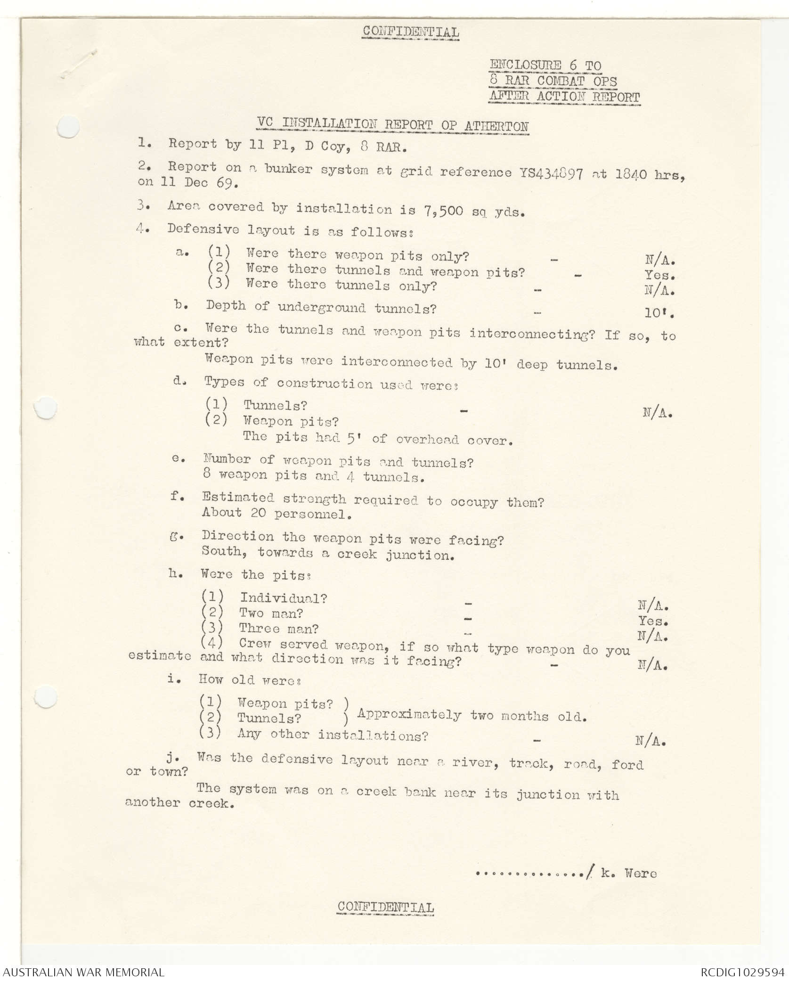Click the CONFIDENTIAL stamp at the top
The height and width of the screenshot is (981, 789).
coord(410,32)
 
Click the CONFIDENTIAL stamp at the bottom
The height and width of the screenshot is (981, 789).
coord(386,907)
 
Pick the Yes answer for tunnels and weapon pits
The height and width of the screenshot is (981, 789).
coord(659,275)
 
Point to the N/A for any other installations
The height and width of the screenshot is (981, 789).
coord(651,742)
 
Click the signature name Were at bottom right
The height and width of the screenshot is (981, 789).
coord(641,873)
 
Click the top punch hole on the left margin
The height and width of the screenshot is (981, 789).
coord(67,126)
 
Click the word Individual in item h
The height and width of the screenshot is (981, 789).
coord(283,598)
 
